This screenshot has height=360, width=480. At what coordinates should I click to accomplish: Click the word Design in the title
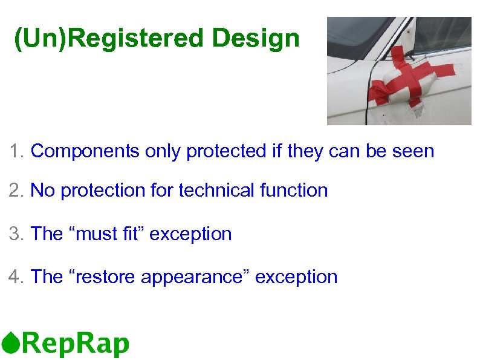click(x=256, y=39)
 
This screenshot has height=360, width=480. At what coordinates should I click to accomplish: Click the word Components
click(x=85, y=151)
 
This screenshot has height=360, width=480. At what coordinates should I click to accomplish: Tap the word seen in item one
click(x=412, y=151)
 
